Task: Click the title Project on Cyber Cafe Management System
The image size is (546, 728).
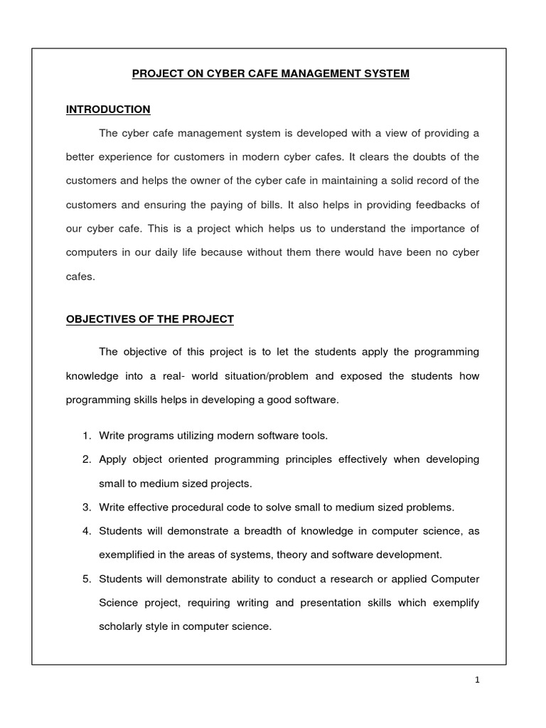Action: pyautogui.click(x=272, y=73)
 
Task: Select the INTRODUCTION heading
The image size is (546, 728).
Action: pyautogui.click(x=108, y=109)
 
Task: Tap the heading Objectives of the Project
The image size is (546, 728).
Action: pyautogui.click(x=149, y=319)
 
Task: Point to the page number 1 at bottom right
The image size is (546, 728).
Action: pyautogui.click(x=478, y=680)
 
